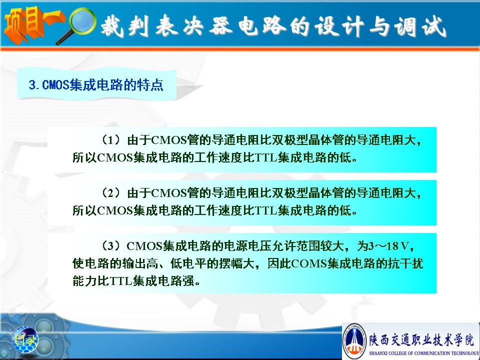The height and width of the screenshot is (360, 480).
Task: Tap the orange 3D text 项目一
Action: pyautogui.click(x=33, y=24)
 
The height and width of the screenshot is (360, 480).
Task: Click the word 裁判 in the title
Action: pyautogui.click(x=125, y=26)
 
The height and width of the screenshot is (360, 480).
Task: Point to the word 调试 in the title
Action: pyautogui.click(x=420, y=26)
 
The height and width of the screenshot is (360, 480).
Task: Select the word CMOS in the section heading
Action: pyautogui.click(x=55, y=85)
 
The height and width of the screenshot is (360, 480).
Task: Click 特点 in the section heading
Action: pyautogui.click(x=150, y=85)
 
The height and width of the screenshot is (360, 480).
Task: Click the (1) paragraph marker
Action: pyautogui.click(x=111, y=140)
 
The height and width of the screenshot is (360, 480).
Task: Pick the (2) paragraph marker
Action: pyautogui.click(x=111, y=193)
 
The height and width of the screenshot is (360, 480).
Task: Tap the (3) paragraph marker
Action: pyautogui.click(x=111, y=246)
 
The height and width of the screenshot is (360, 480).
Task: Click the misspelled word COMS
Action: pyautogui.click(x=309, y=263)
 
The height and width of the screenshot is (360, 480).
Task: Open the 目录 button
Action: pyautogui.click(x=25, y=340)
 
